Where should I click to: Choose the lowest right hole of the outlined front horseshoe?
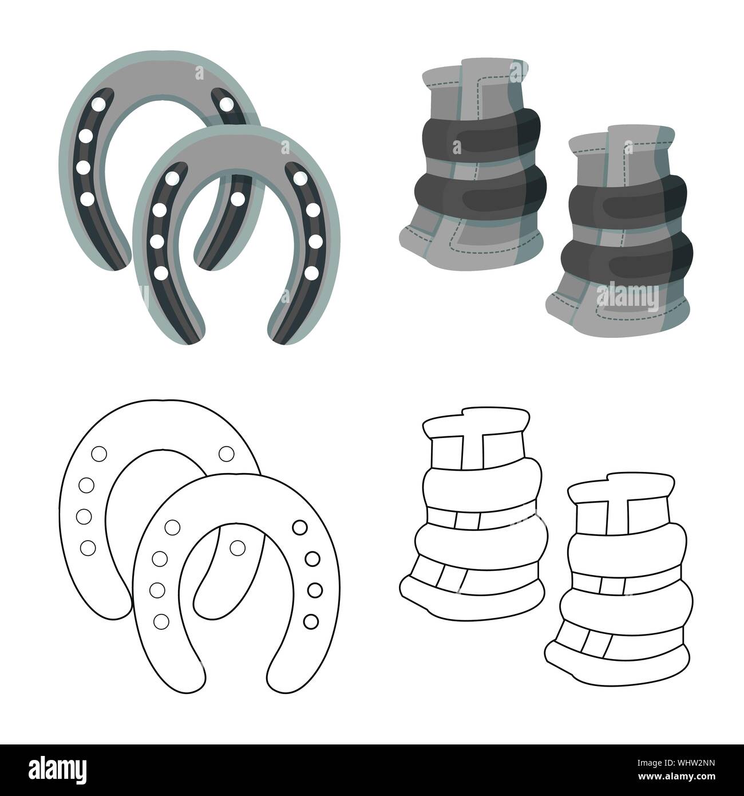coord(310,620)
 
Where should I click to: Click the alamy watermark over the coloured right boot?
coord(627,295)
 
